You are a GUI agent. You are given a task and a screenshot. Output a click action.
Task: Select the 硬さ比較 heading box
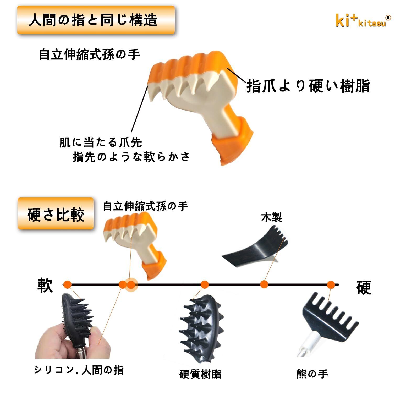point(56,214)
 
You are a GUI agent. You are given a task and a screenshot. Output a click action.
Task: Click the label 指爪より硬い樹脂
point(308,86)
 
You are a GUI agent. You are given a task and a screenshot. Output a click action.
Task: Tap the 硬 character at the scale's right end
point(364,287)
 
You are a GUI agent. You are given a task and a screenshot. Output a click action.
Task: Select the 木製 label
point(271,217)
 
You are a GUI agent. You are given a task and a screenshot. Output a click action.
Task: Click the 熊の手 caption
point(312,374)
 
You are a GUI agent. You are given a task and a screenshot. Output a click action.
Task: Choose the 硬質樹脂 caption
point(200,374)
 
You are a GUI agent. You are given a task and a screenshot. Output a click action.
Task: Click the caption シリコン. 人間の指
point(79,370)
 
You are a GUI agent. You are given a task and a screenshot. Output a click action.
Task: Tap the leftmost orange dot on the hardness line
point(68,284)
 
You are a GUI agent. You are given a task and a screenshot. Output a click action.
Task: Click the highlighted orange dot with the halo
point(131,284)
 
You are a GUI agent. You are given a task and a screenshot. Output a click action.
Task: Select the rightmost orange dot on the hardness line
point(331,284)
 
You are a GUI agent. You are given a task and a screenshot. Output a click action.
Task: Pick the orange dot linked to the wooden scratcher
point(264,284)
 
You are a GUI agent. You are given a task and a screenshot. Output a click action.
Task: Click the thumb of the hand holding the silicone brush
point(98,341)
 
